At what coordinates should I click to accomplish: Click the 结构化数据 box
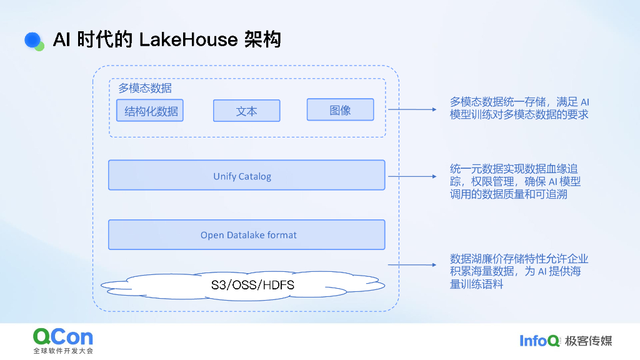pos(150,110)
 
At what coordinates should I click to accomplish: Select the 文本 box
pos(246,111)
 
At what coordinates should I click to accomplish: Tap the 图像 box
pos(340,109)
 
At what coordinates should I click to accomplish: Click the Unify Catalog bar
pos(246,175)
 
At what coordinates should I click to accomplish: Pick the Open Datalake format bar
pos(246,234)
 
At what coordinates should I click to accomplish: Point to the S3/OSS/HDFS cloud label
pos(252,286)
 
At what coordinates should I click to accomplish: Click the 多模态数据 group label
pos(145,88)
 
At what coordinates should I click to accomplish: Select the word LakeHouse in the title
pos(188,40)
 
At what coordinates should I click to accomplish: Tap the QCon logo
pos(63,337)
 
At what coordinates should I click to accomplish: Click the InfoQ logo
pos(540,341)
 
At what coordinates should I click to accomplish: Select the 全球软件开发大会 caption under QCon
pos(63,351)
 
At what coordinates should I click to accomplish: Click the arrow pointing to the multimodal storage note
pos(412,109)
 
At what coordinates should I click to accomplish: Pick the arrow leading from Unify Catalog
pos(412,176)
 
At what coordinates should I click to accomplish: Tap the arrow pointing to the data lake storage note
pos(412,265)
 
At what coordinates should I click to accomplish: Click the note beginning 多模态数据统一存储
pos(519,107)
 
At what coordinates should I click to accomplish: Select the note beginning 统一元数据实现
pos(515,181)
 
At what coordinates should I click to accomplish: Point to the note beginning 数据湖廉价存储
pos(519,271)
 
